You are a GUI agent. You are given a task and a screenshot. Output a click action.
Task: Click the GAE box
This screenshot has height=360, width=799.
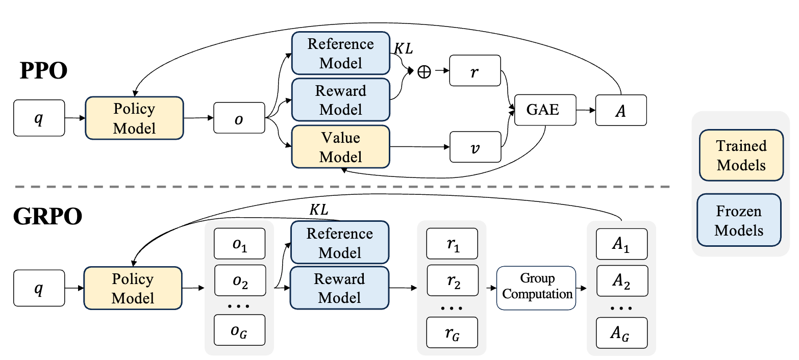[545, 110]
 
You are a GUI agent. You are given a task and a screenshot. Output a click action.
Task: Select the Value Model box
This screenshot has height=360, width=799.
[341, 146]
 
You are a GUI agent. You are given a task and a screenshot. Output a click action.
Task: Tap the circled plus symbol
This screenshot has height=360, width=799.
[424, 72]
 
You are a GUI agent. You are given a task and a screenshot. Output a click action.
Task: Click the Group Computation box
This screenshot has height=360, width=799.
[536, 288]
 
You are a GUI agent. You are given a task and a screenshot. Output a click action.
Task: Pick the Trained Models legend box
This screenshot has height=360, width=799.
[741, 155]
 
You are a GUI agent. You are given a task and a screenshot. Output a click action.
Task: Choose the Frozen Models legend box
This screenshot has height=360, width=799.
[739, 220]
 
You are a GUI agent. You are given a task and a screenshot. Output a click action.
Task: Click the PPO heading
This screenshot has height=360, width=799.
[43, 70]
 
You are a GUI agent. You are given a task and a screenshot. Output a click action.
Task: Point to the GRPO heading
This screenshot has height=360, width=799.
[48, 216]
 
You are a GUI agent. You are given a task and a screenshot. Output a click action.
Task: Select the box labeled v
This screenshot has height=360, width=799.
[475, 147]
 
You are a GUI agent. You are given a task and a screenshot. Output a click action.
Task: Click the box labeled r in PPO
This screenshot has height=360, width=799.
[475, 70]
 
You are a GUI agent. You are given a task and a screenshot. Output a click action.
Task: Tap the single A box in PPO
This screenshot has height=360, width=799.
[621, 110]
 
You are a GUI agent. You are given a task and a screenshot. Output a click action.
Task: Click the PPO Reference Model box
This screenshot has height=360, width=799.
[341, 53]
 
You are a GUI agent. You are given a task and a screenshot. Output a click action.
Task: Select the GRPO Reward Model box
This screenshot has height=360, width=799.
[340, 288]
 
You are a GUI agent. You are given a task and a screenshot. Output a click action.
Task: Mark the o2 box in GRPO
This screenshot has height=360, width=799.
[240, 280]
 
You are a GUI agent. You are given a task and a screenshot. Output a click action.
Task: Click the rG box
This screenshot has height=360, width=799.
[452, 332]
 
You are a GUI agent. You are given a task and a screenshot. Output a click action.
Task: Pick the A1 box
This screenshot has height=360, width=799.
[622, 244]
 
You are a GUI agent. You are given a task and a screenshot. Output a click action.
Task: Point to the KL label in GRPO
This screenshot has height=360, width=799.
[318, 210]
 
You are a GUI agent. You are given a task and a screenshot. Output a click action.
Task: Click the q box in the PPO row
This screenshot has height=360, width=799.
[39, 118]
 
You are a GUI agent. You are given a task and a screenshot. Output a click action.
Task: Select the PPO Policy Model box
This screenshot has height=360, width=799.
[135, 118]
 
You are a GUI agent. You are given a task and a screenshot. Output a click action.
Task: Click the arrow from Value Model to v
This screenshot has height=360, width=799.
[420, 147]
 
